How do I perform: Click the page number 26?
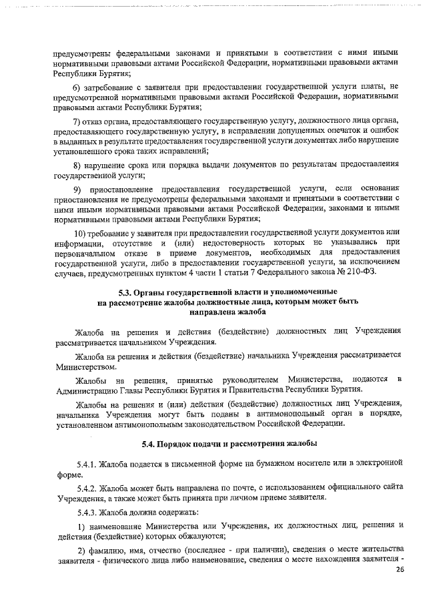click(x=400, y=569)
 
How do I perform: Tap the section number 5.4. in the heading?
click(x=151, y=444)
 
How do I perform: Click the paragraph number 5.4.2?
click(x=87, y=487)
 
